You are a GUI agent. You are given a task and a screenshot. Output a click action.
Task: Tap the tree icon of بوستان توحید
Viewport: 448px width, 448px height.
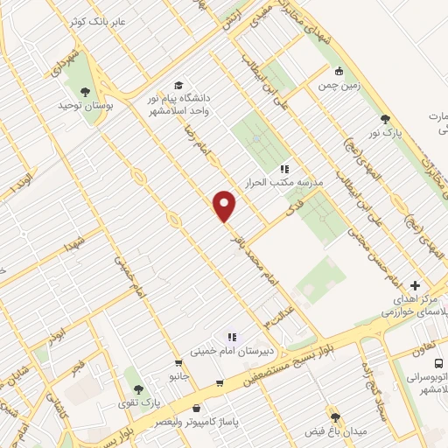coord(86,92)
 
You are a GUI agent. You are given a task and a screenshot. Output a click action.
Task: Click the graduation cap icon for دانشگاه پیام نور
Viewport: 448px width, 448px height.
coord(178,86)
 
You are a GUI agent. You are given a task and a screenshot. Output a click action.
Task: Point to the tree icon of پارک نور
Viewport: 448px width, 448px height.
coord(384,119)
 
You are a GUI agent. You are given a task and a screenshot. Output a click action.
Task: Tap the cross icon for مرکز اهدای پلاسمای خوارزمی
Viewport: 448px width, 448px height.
coord(415,285)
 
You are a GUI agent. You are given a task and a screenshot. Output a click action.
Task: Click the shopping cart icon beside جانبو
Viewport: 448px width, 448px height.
coord(179,361)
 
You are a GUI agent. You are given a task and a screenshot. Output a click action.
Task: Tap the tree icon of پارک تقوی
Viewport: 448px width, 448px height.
coord(138,389)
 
